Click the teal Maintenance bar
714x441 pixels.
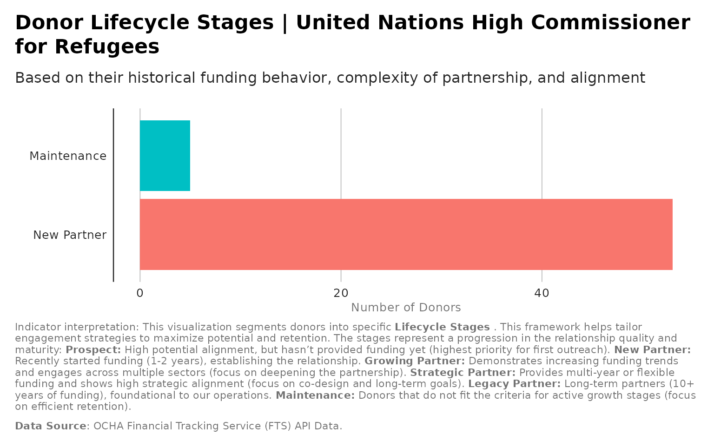pyautogui.click(x=165, y=156)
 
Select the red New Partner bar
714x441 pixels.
pyautogui.click(x=406, y=234)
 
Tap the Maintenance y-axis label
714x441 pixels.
pyautogui.click(x=68, y=156)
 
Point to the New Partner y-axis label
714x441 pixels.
pyautogui.click(x=70, y=235)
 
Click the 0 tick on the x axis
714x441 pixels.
pyautogui.click(x=140, y=293)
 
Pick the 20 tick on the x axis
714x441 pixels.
pyautogui.click(x=341, y=293)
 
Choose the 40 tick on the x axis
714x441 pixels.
pyautogui.click(x=542, y=293)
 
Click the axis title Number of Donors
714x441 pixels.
pyautogui.click(x=406, y=308)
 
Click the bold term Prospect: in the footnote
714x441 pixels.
pyautogui.click(x=93, y=349)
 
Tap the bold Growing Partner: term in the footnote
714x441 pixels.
pyautogui.click(x=415, y=361)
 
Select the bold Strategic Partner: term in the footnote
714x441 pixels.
pyautogui.click(x=463, y=372)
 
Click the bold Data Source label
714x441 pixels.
pyautogui.click(x=51, y=426)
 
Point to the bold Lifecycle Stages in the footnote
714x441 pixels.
pyautogui.click(x=442, y=327)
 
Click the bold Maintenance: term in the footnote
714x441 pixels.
pyautogui.click(x=315, y=395)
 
